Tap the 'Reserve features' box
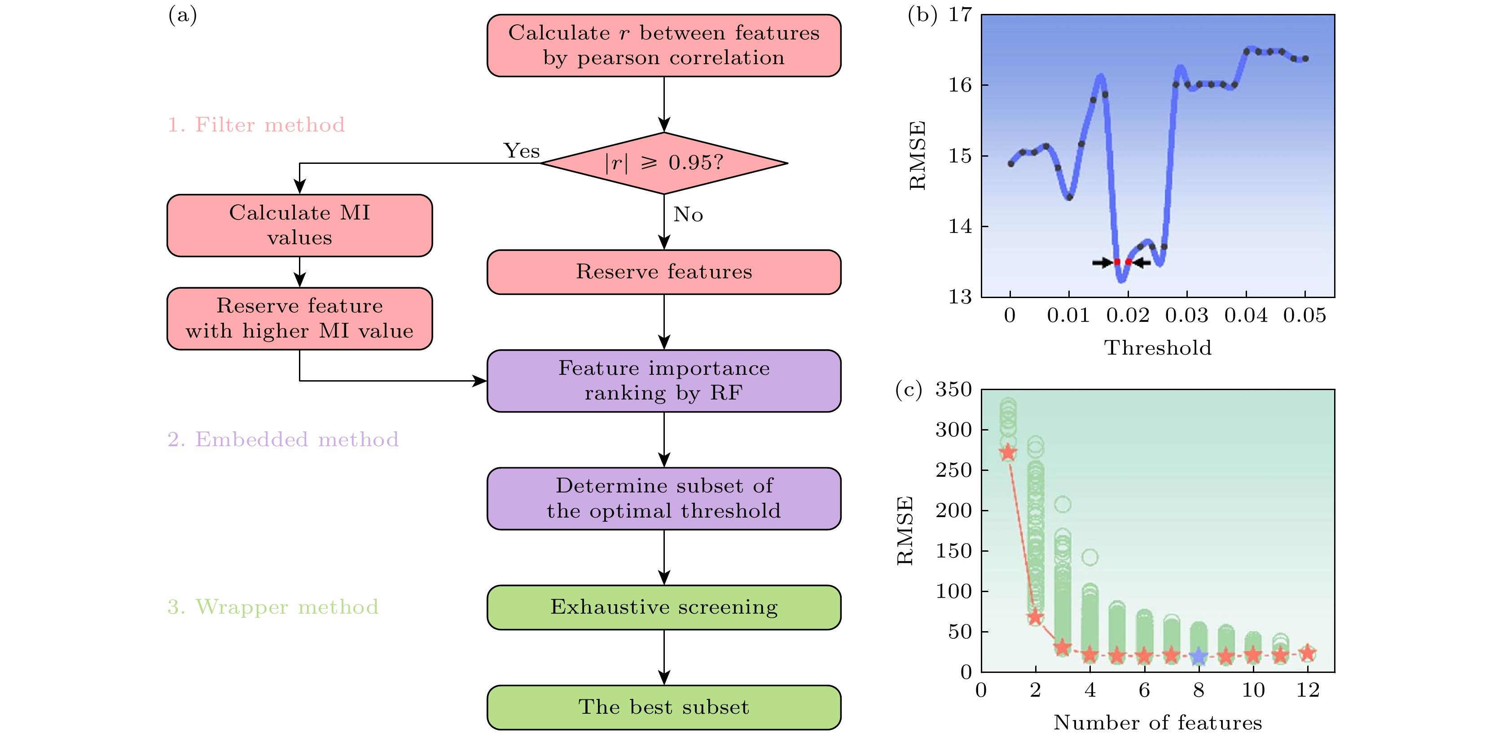pos(663,272)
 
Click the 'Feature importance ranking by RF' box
pos(663,381)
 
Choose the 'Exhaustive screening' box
pos(663,607)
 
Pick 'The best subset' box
pos(663,707)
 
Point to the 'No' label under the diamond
pos(688,215)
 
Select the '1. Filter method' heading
pos(256,125)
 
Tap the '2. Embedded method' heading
pos(283,439)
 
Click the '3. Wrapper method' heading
pos(273,607)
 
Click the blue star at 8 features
pos(1198,656)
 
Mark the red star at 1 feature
pos(1008,452)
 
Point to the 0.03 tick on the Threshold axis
pos(1186,316)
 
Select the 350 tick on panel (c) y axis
pos(953,389)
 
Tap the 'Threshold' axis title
pos(1157,348)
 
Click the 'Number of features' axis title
pos(1157,723)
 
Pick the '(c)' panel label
pos(909,389)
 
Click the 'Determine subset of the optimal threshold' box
pos(663,498)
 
